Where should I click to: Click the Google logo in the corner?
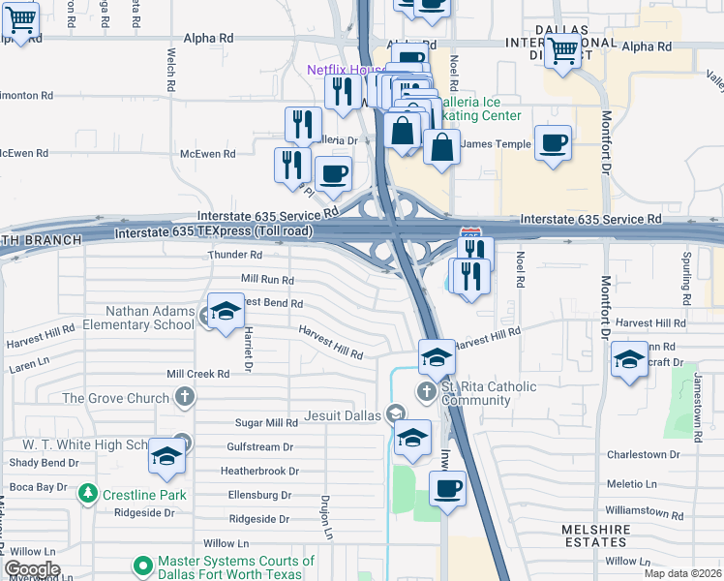[32, 568]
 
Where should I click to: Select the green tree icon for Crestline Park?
[88, 494]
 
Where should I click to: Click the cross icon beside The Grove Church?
[184, 397]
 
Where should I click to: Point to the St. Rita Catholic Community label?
[489, 393]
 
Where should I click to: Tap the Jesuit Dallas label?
[343, 414]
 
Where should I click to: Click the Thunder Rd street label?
[235, 255]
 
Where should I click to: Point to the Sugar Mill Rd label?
[266, 423]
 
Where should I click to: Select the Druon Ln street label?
[326, 518]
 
